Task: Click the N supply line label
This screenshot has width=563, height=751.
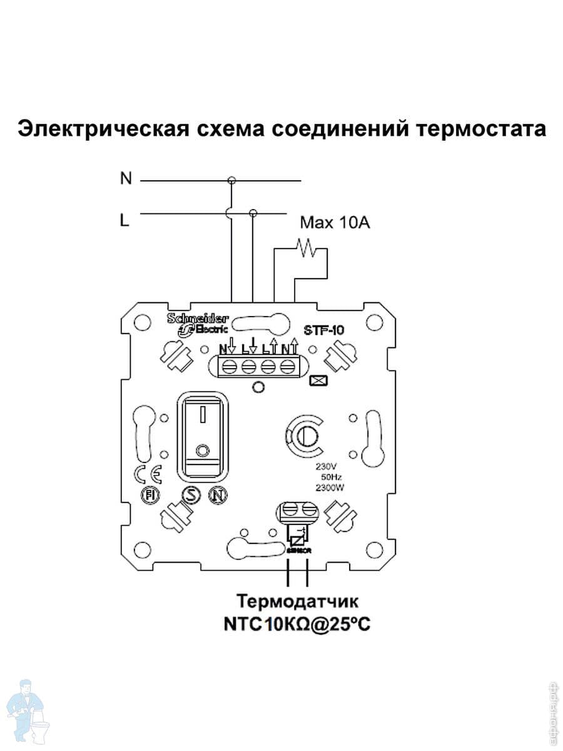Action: [x=126, y=179]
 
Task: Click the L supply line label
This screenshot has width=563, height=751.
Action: [x=124, y=220]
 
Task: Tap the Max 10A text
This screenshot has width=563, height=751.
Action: [x=335, y=222]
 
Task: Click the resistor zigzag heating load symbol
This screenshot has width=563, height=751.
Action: [x=307, y=248]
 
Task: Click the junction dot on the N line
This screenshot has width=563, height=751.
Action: [x=231, y=181]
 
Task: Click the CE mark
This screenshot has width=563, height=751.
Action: [x=149, y=474]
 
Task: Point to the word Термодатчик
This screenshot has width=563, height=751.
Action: [x=297, y=602]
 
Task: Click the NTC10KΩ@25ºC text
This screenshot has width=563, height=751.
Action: [x=298, y=625]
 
